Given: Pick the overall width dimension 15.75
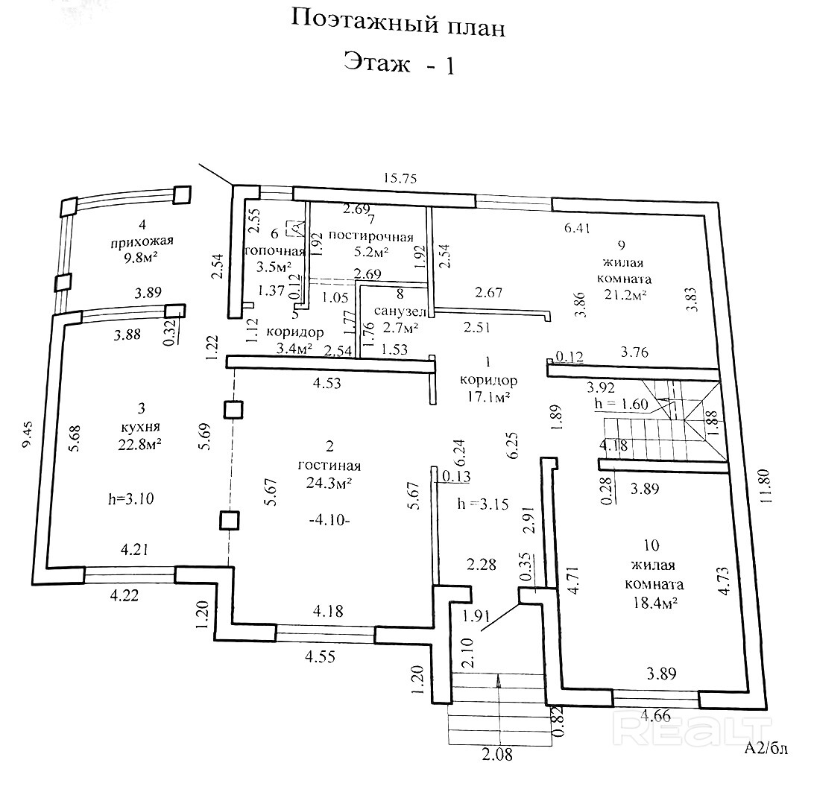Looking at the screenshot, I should coord(400,178).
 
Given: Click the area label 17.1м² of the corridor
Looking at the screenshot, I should coord(488,399).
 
